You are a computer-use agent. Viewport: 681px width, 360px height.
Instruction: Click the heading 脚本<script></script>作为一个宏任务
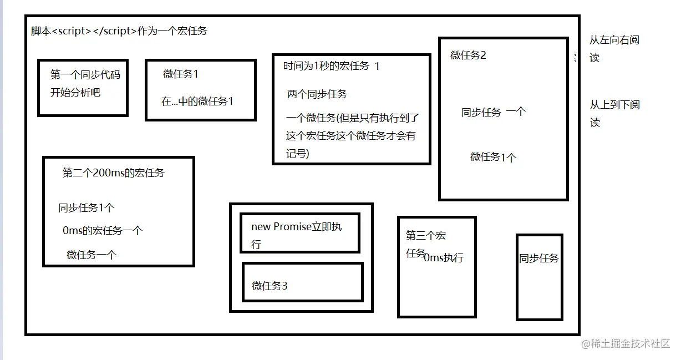coord(119,31)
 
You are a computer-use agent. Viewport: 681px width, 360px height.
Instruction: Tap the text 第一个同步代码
coord(85,75)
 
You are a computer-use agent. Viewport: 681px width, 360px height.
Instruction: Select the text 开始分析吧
coord(75,93)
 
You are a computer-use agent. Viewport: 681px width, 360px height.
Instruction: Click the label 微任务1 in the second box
coord(181,74)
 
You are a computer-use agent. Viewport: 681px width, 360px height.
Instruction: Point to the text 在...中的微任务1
coord(197,102)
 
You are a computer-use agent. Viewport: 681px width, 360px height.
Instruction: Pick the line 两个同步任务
coord(317,94)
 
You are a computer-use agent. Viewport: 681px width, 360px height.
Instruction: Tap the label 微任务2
coord(468,55)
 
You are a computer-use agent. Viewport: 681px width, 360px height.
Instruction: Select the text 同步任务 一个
coord(494,112)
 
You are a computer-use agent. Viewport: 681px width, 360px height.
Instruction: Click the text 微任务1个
coord(493,157)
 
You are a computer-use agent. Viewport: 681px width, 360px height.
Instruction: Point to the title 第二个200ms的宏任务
coord(114,173)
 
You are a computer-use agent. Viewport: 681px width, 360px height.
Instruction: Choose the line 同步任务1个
coord(87,208)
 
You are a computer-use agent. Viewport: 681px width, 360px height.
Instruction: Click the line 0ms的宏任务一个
coord(103,231)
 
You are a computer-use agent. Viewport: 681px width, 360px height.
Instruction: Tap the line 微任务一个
coord(92,255)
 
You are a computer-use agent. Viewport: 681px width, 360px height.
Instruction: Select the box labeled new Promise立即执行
coord(300,233)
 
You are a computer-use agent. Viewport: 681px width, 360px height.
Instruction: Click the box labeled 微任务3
coord(303,282)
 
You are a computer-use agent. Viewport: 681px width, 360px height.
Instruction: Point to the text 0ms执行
coord(444,257)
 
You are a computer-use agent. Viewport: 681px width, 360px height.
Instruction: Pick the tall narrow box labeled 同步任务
coord(539,277)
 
